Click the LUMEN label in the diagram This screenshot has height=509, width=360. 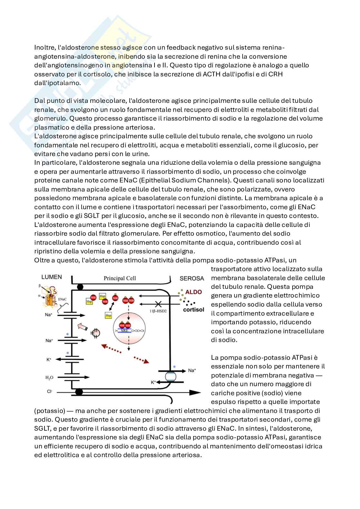[51, 277]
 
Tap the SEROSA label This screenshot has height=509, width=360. [192, 278]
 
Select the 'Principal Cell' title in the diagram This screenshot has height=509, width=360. [119, 278]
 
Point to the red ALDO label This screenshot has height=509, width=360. [194, 292]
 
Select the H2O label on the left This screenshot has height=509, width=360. [49, 377]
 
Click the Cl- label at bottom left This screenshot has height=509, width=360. [50, 391]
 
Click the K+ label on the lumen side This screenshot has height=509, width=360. [49, 359]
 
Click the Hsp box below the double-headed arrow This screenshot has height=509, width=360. [108, 315]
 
